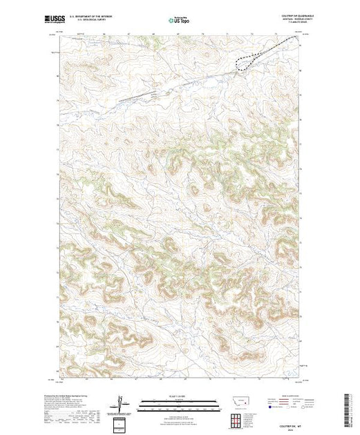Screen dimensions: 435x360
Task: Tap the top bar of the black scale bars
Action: point(179,400)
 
